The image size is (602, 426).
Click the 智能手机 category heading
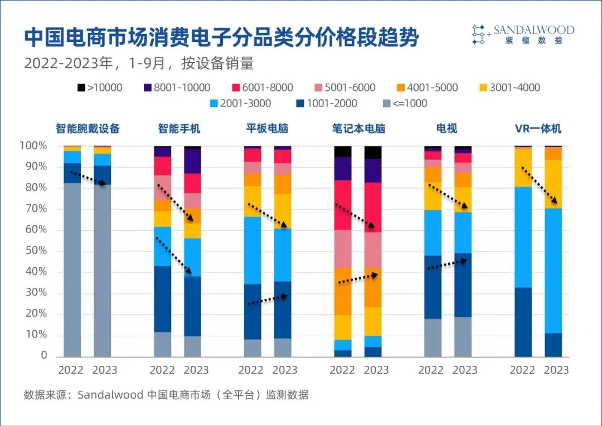pos(179,129)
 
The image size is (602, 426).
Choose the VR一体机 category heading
pos(538,129)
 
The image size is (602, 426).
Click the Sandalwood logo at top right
pos(522,35)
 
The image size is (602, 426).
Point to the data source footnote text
pos(166,395)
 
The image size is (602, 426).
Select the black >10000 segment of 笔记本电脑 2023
pos(372,152)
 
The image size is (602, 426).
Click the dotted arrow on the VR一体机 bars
pos(538,185)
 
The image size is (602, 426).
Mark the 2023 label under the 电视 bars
pos(465,370)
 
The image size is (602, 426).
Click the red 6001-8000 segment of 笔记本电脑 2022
pos(342,205)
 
